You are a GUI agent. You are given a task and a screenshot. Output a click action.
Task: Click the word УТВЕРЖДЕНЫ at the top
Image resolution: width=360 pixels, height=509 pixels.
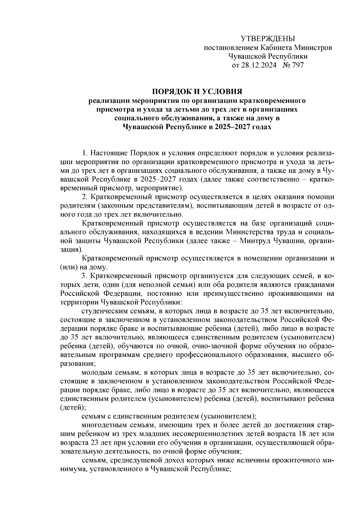click(x=268, y=38)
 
